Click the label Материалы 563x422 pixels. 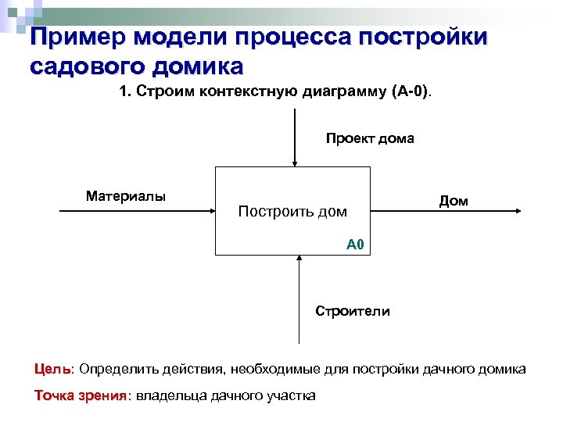tap(126, 196)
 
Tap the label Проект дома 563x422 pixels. tap(370, 139)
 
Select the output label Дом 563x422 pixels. tap(454, 201)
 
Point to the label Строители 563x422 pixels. tap(353, 311)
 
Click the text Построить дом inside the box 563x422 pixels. tap(292, 211)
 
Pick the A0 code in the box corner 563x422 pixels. tap(355, 245)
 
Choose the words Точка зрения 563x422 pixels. tap(80, 395)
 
